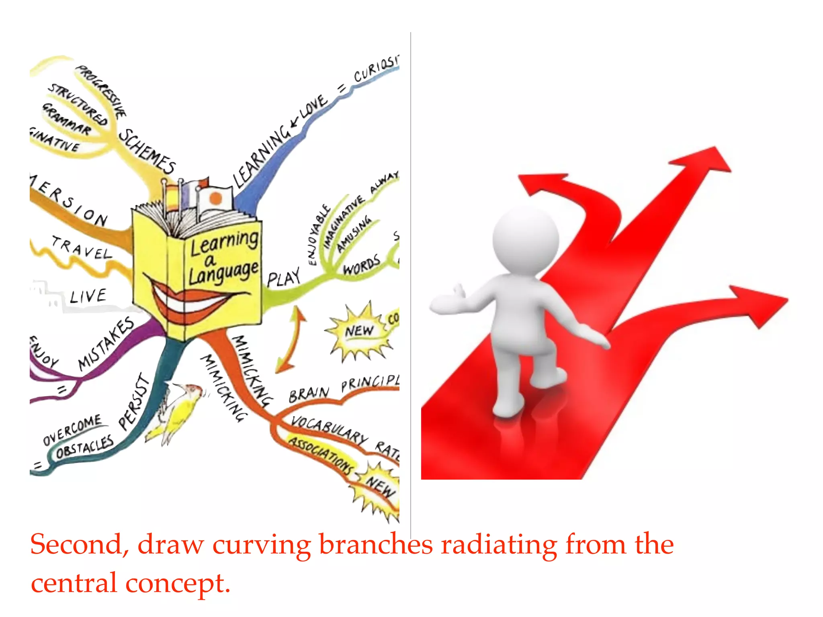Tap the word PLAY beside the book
tap(284, 277)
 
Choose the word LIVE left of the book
tap(88, 296)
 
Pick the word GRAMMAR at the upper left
tap(67, 119)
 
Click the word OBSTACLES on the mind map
tap(84, 447)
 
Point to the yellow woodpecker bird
tap(177, 414)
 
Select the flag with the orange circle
tap(215, 198)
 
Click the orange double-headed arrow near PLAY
tap(291, 339)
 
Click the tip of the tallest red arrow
tap(717, 155)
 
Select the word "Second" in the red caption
tap(76, 545)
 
